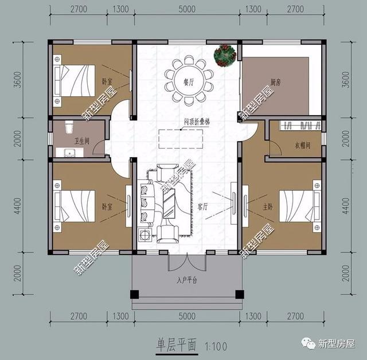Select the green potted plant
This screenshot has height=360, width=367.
[225, 56]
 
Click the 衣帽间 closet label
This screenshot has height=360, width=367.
[302, 146]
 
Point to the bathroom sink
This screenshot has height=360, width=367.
[69, 152]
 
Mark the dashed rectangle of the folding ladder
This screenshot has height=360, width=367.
[180, 139]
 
